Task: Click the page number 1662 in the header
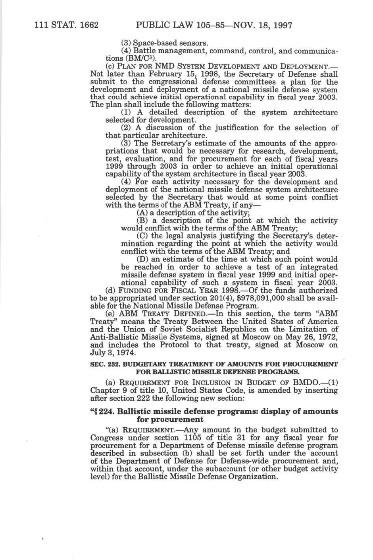[89, 26]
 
